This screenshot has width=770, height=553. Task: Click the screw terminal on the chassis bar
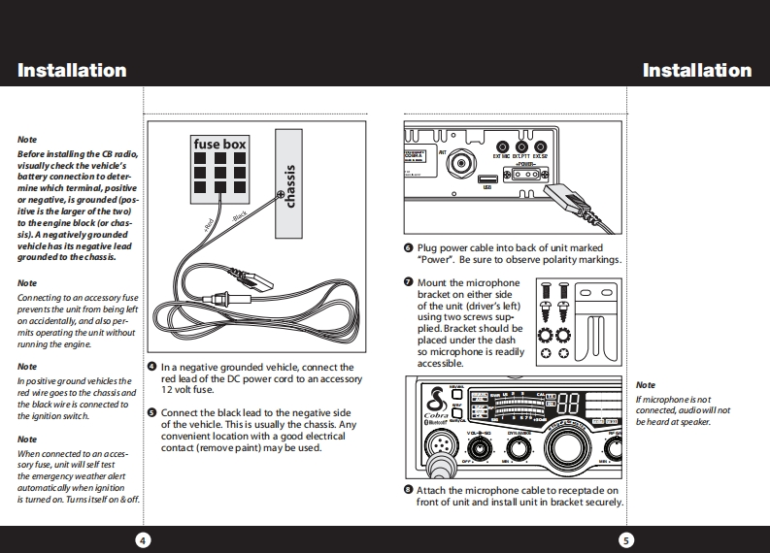[x=282, y=197]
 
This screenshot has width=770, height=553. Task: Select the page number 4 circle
[x=142, y=539]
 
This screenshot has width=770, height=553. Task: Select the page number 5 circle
[x=626, y=539]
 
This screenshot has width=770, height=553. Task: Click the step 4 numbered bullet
[x=152, y=367]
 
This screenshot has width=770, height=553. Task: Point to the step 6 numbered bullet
[x=409, y=247]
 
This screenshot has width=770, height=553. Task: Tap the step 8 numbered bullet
[x=409, y=490]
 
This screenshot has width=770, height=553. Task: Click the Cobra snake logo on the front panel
[x=435, y=398]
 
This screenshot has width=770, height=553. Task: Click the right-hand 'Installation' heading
[x=696, y=70]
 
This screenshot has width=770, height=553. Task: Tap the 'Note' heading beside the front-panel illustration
[x=645, y=385]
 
